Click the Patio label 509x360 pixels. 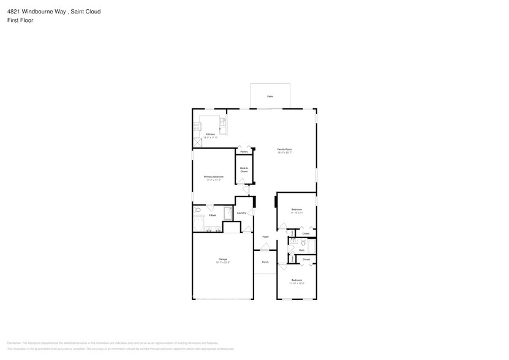click(270, 97)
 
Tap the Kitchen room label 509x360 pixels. click(210, 134)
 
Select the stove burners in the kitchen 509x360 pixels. click(197, 127)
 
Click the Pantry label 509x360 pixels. click(244, 151)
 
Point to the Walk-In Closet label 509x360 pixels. click(244, 169)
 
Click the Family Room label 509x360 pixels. click(284, 149)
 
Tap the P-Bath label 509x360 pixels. click(213, 216)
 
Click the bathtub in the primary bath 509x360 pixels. click(228, 214)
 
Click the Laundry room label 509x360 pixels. click(241, 213)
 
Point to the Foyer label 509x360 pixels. click(265, 237)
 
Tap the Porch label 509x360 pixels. click(265, 262)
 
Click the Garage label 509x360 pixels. click(222, 260)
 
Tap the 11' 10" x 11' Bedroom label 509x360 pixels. click(296, 210)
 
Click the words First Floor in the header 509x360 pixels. click(20, 20)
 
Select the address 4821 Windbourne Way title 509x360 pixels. click(55, 11)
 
